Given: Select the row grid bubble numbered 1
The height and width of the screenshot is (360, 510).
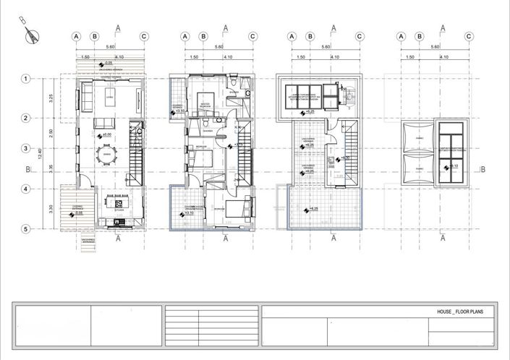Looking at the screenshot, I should tap(25, 78).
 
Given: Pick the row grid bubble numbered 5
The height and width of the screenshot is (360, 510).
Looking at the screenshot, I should tap(25, 229).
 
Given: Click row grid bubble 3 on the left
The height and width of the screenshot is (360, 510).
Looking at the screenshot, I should tap(25, 149).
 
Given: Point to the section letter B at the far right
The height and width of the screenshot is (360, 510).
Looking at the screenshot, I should tap(482, 170).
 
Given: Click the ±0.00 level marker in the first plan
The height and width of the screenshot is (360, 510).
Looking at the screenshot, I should tap(104, 134).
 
